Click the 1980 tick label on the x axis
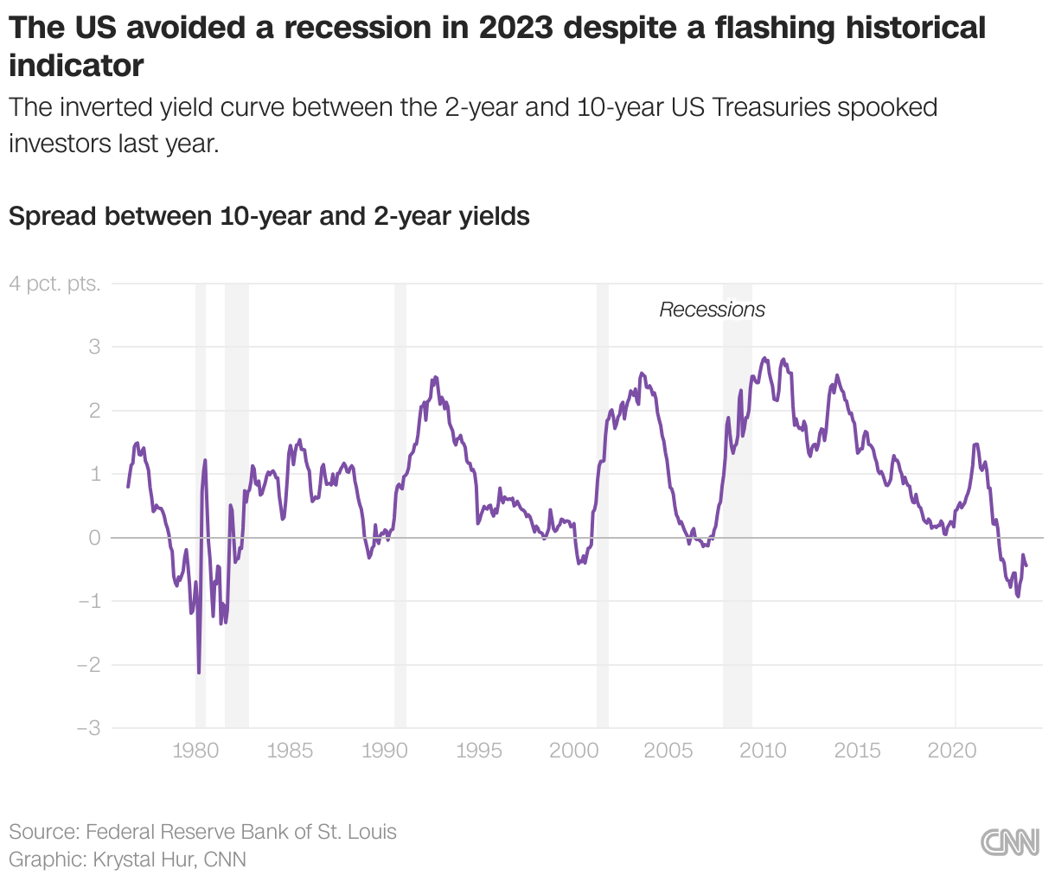click(195, 751)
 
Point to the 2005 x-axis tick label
click(668, 751)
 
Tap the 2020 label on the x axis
click(952, 751)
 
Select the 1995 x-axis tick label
click(479, 751)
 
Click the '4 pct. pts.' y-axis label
click(54, 284)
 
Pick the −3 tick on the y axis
click(88, 728)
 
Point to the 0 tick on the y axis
click(94, 538)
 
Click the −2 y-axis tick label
click(88, 665)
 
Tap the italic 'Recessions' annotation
click(712, 310)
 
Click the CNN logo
click(1010, 842)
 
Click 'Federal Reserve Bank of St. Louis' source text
click(241, 832)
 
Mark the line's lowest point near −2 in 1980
click(199, 672)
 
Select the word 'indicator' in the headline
click(76, 65)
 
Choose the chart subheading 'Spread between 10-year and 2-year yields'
click(269, 215)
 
